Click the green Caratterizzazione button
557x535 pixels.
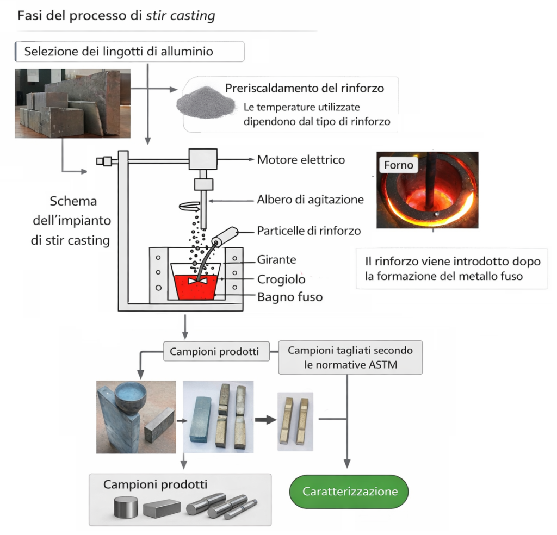pos(349,492)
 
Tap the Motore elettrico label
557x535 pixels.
pos(301,160)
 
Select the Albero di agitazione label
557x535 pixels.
pos(311,200)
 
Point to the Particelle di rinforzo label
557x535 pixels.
pos(309,231)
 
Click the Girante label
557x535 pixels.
pos(277,259)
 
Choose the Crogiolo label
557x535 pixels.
pos(281,279)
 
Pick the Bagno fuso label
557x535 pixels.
pos(290,297)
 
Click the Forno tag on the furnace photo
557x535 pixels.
pos(399,165)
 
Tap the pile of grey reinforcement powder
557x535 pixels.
pos(206,102)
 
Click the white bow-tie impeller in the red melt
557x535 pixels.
pos(197,281)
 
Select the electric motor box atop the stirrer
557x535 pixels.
pos(203,159)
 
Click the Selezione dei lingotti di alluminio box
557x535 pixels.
pos(129,52)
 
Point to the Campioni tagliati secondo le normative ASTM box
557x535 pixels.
pos(350,358)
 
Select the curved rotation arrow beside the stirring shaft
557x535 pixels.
pos(190,206)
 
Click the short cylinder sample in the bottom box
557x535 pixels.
pos(126,507)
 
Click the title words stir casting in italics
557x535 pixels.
pos(181,16)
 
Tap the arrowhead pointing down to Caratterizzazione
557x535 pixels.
pos(347,464)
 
